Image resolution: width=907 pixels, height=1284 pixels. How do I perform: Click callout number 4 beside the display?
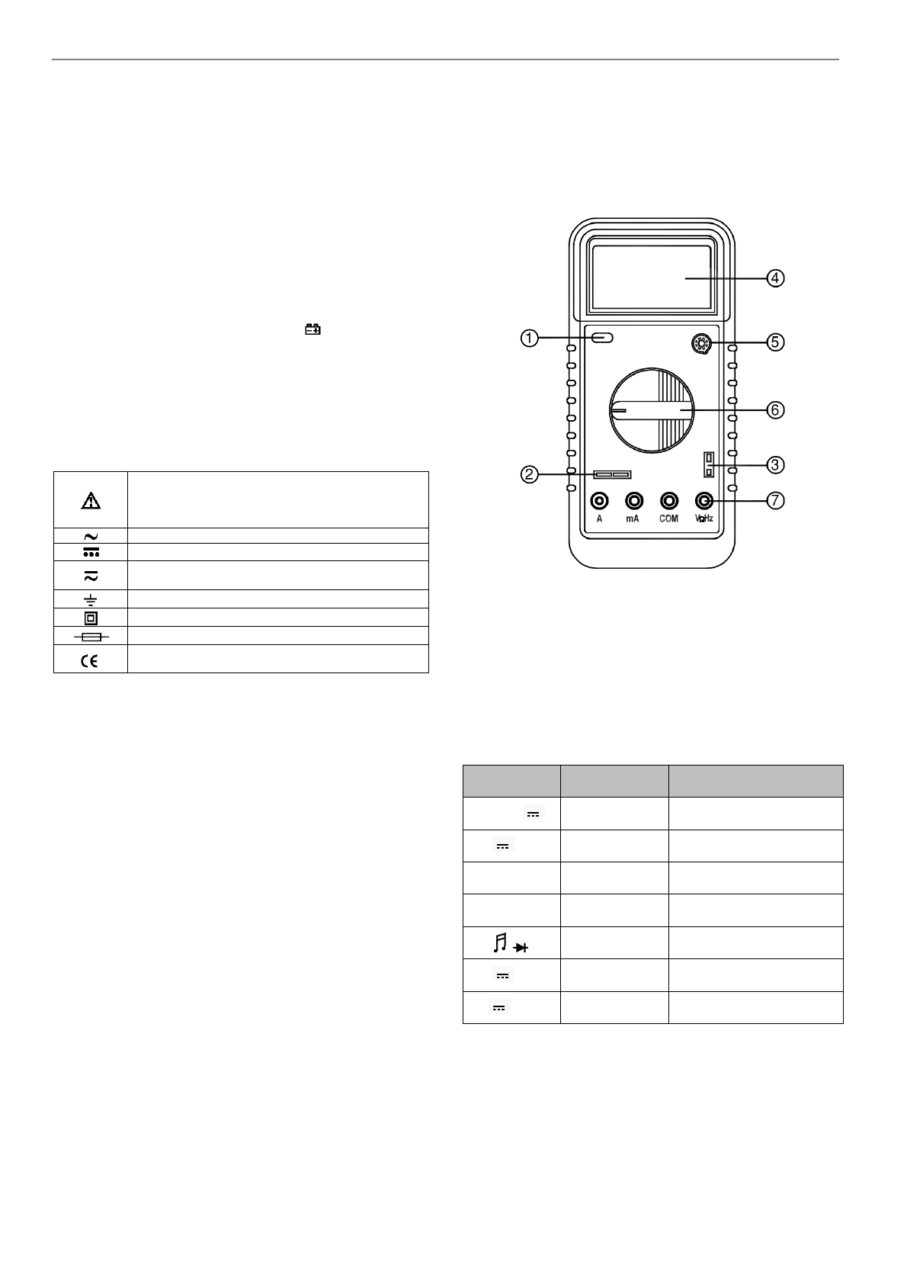pyautogui.click(x=774, y=278)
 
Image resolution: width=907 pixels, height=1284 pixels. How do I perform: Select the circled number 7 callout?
pyautogui.click(x=774, y=501)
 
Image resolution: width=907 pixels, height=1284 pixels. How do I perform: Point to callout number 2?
pyautogui.click(x=527, y=474)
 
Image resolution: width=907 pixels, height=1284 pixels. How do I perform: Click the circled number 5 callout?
pyautogui.click(x=774, y=342)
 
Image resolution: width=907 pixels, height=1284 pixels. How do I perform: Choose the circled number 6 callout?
pyautogui.click(x=774, y=409)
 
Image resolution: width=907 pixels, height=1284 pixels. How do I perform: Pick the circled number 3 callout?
pyautogui.click(x=774, y=464)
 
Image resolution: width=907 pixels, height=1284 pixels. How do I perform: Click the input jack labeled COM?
pyautogui.click(x=669, y=500)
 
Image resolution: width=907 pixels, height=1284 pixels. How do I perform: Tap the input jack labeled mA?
pyautogui.click(x=633, y=500)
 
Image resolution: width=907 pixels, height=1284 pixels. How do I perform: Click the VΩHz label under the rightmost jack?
pyautogui.click(x=703, y=518)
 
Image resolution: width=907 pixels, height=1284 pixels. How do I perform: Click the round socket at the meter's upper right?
pyautogui.click(x=700, y=345)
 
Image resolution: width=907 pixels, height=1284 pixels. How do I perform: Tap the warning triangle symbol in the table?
pyautogui.click(x=91, y=500)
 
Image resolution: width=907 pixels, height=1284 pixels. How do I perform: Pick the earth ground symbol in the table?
pyautogui.click(x=90, y=599)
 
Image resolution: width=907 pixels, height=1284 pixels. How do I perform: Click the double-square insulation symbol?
pyautogui.click(x=90, y=618)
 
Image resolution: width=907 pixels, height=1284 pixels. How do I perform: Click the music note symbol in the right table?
pyautogui.click(x=500, y=943)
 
